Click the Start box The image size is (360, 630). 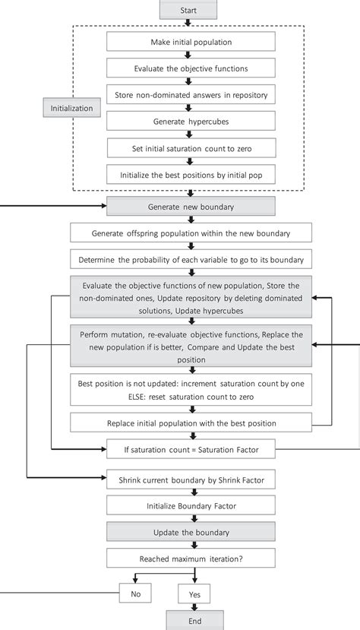(188, 9)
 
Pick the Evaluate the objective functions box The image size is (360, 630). (187, 68)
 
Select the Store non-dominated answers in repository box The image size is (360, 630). (187, 94)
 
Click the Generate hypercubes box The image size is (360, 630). (187, 121)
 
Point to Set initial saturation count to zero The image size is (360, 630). (187, 147)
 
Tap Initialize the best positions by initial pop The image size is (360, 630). (187, 174)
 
